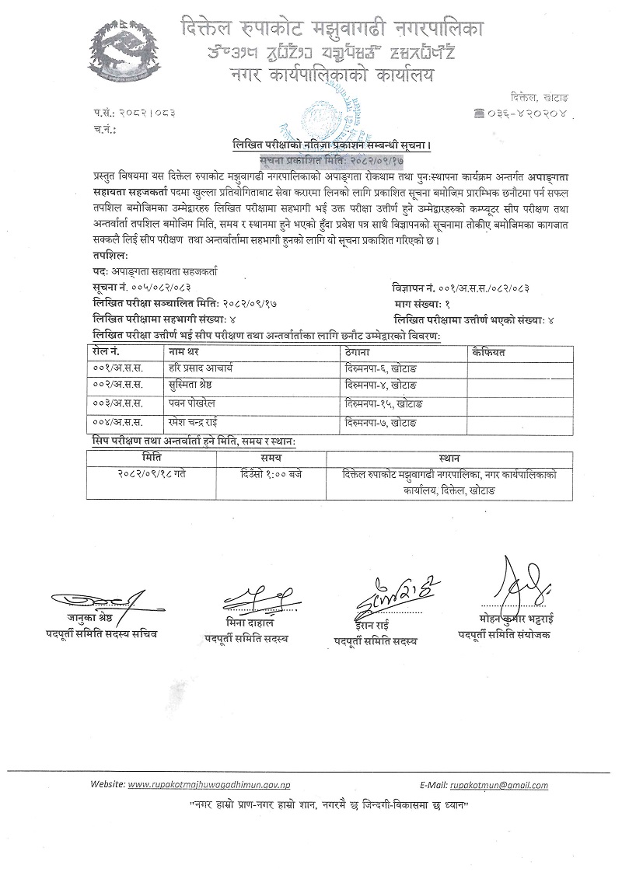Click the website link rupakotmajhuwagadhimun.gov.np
tap(211, 785)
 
